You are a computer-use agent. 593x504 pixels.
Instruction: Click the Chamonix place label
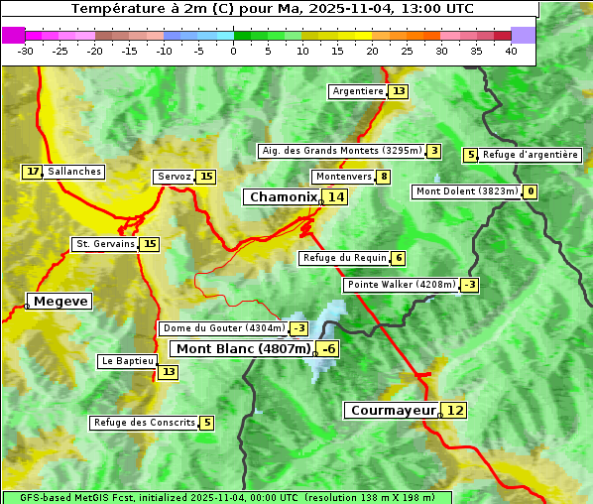[x=282, y=197]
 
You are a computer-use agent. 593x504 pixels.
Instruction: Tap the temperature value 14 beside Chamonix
[x=336, y=197]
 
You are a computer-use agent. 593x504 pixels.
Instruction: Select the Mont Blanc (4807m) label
[x=243, y=348]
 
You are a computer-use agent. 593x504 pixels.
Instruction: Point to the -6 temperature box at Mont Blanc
[x=328, y=348]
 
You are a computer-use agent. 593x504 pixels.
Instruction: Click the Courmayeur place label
[x=393, y=410]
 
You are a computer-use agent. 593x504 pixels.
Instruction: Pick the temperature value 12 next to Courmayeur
[x=454, y=410]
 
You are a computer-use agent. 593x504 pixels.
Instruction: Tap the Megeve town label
[x=60, y=301]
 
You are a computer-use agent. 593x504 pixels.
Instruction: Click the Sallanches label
[x=74, y=172]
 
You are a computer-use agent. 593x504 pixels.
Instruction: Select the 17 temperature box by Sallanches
[x=33, y=172]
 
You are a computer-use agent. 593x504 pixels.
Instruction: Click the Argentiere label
[x=358, y=91]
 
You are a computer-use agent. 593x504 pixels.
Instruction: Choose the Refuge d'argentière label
[x=531, y=155]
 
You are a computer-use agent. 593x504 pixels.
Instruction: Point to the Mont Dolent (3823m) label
[x=466, y=191]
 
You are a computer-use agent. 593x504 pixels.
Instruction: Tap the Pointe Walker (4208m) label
[x=402, y=285]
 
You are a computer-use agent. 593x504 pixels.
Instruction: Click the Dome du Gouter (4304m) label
[x=223, y=328]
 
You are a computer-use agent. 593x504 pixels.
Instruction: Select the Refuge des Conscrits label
[x=144, y=423]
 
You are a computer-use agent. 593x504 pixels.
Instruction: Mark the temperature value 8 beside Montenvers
[x=384, y=177]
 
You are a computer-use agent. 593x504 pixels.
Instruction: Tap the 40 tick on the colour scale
[x=511, y=50]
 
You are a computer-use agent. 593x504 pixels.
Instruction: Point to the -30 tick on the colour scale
[x=26, y=50]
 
